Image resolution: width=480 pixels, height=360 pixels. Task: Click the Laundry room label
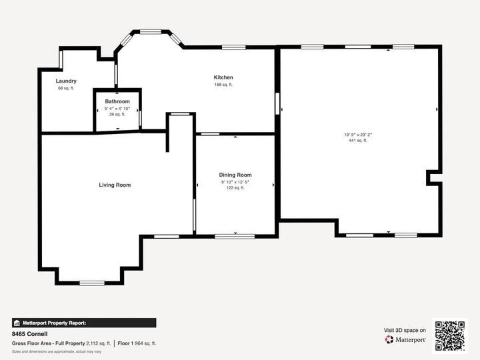click(66, 81)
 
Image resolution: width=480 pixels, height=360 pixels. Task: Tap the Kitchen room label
click(223, 77)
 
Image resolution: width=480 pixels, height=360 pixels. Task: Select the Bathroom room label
click(117, 101)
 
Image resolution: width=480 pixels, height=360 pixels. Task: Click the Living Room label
click(115, 185)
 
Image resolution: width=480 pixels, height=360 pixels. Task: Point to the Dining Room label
click(235, 175)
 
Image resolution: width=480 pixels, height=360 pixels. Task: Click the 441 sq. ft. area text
click(358, 141)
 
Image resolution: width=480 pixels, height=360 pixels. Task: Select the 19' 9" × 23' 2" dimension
click(358, 135)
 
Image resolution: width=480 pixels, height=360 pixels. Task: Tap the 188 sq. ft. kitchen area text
click(223, 85)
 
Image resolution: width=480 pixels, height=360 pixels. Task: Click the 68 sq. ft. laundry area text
click(66, 88)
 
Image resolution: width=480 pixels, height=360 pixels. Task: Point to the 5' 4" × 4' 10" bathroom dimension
click(117, 108)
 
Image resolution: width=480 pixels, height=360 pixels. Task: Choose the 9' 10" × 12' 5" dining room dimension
click(235, 181)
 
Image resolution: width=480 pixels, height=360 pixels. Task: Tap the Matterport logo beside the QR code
click(406, 339)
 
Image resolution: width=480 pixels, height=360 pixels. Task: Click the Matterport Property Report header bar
click(83, 323)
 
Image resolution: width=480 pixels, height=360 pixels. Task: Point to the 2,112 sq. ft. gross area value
click(99, 343)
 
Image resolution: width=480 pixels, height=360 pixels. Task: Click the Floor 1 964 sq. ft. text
click(137, 343)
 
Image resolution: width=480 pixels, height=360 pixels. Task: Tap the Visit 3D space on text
click(405, 330)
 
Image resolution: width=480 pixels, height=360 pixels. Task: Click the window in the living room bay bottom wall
click(92, 283)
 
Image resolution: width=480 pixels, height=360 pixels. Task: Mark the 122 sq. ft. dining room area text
click(235, 188)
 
